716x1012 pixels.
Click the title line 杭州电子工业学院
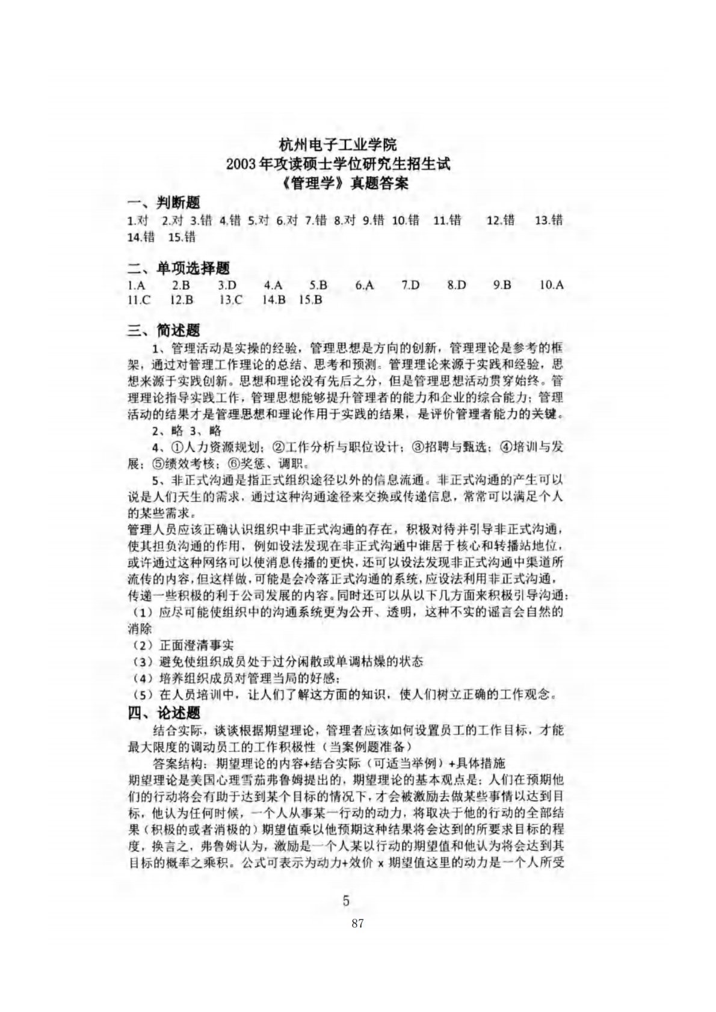pos(338,146)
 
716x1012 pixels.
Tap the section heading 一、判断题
pos(164,203)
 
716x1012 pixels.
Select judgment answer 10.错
pos(406,221)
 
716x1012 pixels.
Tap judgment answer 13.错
pos(548,221)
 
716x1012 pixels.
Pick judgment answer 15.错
pos(182,237)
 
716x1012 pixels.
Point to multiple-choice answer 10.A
pos(551,285)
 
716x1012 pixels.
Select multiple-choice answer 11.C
pos(140,299)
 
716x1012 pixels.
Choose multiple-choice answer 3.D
pos(227,285)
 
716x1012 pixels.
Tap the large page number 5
pos(346,918)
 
